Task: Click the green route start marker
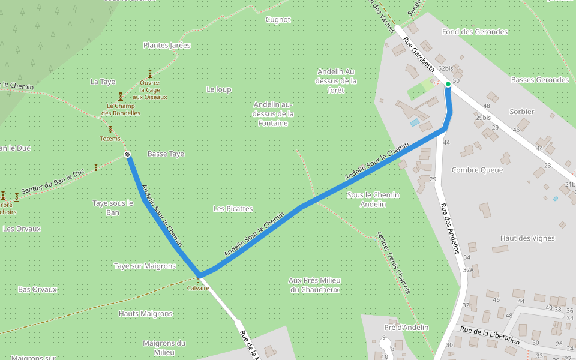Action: [448, 85]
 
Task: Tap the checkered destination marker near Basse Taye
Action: [127, 155]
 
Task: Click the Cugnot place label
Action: [278, 19]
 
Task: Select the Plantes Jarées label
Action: [167, 45]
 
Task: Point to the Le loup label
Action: [218, 89]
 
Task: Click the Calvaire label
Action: [198, 288]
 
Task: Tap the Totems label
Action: [110, 139]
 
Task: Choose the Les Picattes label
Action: [233, 209]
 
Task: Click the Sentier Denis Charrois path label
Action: [394, 263]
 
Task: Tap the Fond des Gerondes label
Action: [475, 32]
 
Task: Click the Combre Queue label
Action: [477, 170]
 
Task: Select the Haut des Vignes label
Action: [527, 238]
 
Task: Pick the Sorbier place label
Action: [521, 112]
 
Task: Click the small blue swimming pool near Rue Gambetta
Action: [415, 122]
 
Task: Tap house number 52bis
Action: [445, 69]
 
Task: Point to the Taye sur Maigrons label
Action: [145, 266]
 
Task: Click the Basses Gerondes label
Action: [539, 80]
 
